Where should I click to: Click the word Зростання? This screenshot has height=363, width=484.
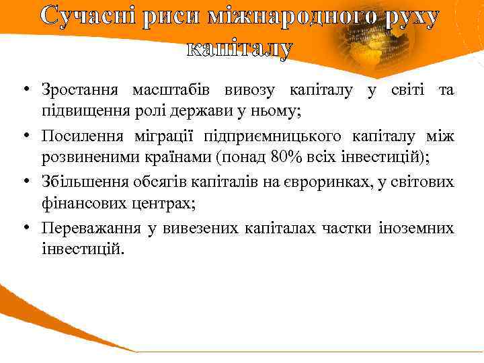point(81,89)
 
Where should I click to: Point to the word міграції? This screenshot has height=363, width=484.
point(164,137)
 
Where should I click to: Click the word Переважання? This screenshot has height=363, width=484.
point(91,229)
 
